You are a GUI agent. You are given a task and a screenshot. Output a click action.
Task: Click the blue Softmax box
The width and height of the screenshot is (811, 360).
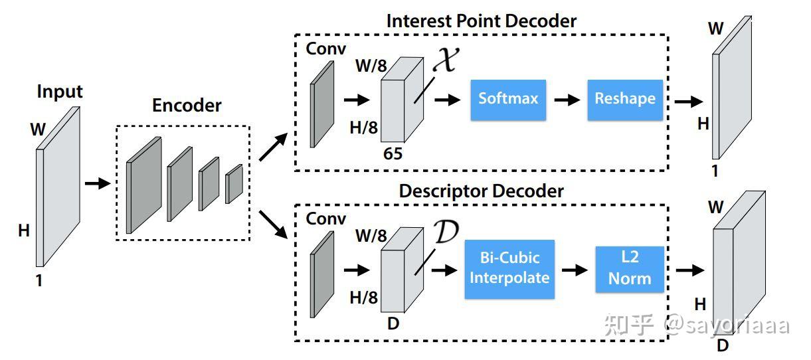[x=508, y=100]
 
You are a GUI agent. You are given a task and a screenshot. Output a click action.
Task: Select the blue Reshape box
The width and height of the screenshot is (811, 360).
[x=625, y=100]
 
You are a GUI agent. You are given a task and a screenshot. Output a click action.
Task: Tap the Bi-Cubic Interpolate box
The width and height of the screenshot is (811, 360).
[x=509, y=269]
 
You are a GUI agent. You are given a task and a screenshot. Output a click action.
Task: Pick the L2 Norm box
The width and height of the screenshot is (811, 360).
[x=630, y=269]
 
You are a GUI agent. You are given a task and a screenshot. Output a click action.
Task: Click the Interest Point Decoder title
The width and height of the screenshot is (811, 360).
[x=482, y=21]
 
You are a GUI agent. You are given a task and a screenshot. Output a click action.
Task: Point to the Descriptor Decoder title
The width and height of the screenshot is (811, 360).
[x=482, y=191]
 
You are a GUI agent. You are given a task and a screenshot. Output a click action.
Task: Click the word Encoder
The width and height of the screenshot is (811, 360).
[x=187, y=106]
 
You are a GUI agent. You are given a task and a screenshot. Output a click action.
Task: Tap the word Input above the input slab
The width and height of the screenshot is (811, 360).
[x=60, y=91]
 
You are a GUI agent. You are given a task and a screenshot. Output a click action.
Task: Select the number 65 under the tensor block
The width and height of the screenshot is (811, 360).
[x=393, y=153]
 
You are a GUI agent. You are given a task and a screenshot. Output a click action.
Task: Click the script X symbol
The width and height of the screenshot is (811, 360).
[x=446, y=59]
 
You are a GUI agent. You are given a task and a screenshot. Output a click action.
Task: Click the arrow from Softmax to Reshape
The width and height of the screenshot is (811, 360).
[x=567, y=100]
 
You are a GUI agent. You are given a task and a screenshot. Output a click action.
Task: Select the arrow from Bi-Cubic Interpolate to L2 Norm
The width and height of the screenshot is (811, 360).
[x=575, y=270]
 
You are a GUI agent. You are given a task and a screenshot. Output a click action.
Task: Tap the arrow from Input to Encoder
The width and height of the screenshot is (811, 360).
[x=98, y=183]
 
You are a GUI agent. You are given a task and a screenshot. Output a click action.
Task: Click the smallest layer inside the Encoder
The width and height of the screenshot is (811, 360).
[x=234, y=183]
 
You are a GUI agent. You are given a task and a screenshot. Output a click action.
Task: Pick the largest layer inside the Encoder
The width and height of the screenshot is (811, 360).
[x=143, y=185]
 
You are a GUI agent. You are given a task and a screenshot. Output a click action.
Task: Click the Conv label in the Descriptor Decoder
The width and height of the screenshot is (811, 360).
[x=326, y=219]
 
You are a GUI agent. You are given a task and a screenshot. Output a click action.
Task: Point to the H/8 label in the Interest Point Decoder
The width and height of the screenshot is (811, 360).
[x=363, y=128]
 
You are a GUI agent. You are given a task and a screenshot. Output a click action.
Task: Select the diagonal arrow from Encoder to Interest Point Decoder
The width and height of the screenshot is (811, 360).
[x=274, y=147]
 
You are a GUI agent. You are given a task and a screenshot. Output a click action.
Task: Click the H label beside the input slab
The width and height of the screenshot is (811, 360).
[x=24, y=230]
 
